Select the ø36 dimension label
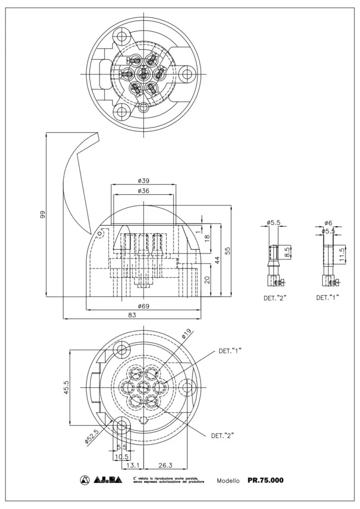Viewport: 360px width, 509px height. (144, 190)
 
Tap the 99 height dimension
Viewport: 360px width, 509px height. (43, 215)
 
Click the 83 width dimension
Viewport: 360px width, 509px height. (133, 315)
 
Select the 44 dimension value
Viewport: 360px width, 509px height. (218, 260)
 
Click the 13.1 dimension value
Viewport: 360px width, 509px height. (132, 465)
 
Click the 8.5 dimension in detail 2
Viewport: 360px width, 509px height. (287, 252)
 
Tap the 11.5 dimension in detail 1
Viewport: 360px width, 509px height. (342, 254)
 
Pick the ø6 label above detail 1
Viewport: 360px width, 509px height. (329, 223)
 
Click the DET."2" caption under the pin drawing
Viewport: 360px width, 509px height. (275, 299)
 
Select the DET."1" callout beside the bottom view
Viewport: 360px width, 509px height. (230, 350)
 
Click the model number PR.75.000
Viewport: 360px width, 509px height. (266, 480)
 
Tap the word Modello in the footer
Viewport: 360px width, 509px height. (229, 481)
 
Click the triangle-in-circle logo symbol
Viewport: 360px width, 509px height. (84, 480)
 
